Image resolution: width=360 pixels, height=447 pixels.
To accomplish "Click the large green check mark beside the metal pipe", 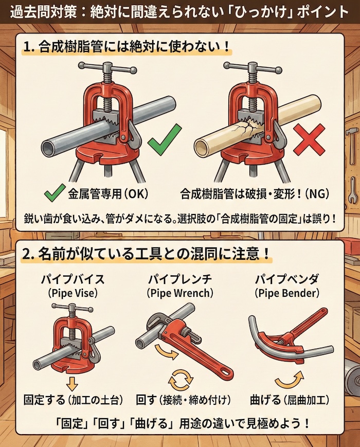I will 164,139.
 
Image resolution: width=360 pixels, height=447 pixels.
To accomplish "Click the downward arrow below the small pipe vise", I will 71,383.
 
